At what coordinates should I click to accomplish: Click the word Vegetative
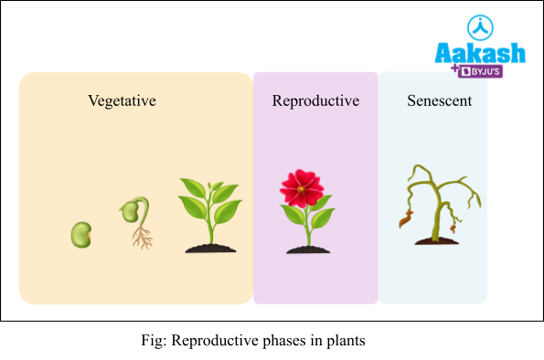click(x=122, y=101)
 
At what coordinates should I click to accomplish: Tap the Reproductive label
click(x=315, y=101)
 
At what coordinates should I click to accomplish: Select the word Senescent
click(x=439, y=101)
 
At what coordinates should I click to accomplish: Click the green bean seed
click(x=81, y=235)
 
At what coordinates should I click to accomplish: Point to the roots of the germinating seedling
click(x=142, y=238)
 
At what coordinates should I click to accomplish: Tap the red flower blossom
click(x=302, y=187)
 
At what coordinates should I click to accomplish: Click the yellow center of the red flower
click(x=302, y=185)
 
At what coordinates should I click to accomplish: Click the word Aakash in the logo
click(x=480, y=52)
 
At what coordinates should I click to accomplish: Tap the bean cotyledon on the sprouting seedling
click(x=131, y=212)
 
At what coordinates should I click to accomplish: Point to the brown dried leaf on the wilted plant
click(x=404, y=219)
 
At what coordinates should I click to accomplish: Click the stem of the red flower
click(x=305, y=228)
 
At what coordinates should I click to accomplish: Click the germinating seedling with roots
click(x=136, y=222)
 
